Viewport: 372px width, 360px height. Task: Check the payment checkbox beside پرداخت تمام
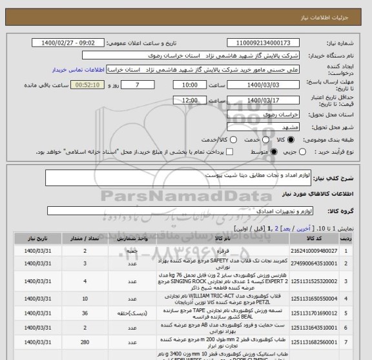coord(209,152)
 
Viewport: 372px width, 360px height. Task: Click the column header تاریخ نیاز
coord(32,238)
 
